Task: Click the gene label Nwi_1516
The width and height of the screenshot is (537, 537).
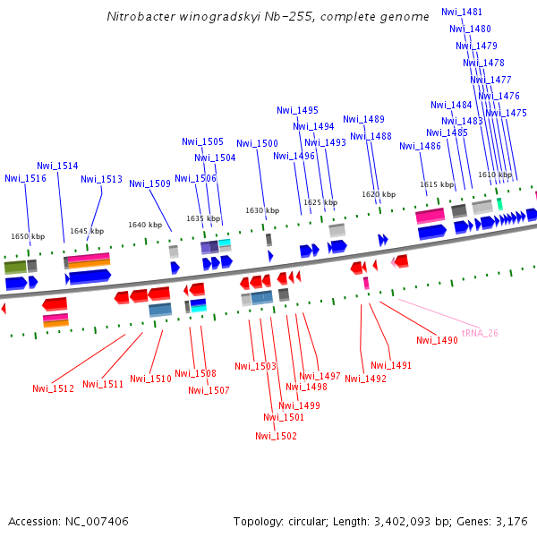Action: tap(25, 178)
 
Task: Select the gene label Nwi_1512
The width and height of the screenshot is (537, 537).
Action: tap(53, 388)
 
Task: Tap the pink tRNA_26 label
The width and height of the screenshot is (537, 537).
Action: tap(479, 333)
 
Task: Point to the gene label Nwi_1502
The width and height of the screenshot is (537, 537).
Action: tap(276, 436)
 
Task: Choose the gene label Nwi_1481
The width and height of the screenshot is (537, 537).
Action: tap(462, 12)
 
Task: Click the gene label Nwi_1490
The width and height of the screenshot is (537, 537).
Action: tap(437, 340)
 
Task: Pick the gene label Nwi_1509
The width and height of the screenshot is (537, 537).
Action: tap(149, 183)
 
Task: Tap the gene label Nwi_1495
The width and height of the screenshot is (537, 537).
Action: tap(297, 110)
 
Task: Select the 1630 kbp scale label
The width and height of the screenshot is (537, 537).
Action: tap(260, 210)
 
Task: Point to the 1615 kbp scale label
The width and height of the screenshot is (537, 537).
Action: tap(437, 184)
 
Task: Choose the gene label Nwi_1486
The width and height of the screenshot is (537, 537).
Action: tap(420, 146)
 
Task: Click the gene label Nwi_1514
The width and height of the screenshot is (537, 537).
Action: tap(57, 166)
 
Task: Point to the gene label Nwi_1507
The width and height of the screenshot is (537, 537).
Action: tap(209, 390)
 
